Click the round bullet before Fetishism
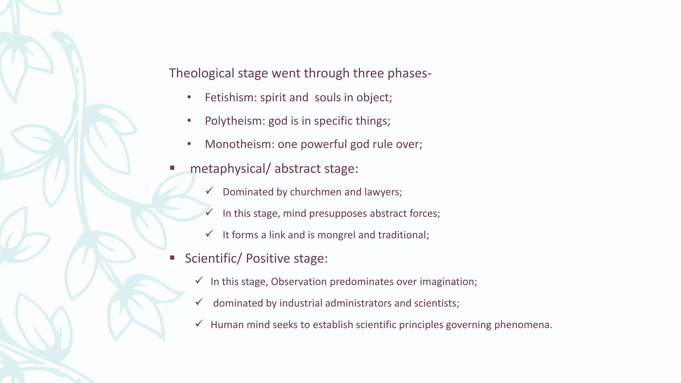tap(189, 97)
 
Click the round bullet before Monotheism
tap(189, 144)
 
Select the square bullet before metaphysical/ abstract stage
tap(172, 168)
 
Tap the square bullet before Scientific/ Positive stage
tap(172, 258)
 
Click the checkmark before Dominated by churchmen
tap(209, 191)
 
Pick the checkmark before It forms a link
tap(209, 234)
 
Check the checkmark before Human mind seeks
tap(199, 323)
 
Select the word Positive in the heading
tap(268, 258)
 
